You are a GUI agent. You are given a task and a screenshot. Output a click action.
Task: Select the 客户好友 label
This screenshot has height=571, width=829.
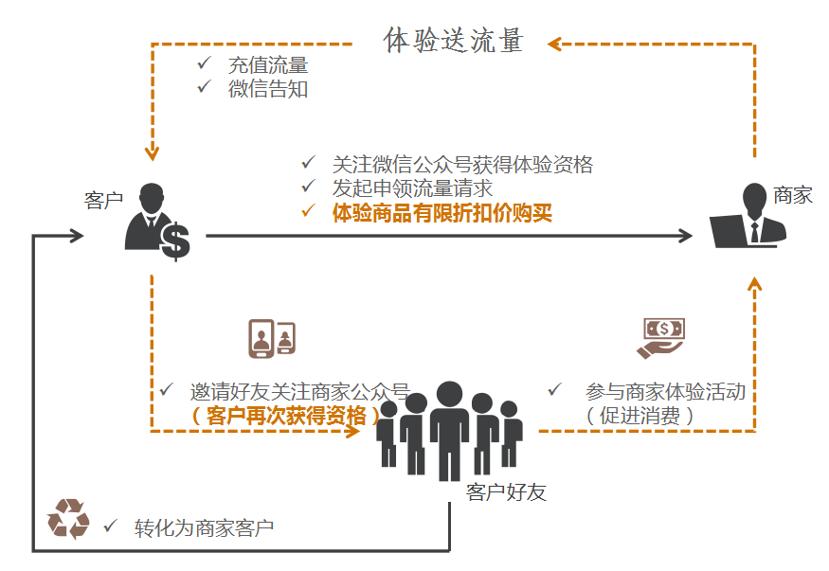point(506,492)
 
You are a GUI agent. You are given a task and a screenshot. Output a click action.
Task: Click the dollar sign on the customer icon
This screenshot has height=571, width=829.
point(174,241)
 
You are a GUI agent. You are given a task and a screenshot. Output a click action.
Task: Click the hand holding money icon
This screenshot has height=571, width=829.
point(660,337)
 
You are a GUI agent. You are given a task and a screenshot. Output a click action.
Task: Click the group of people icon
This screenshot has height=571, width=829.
point(449,431)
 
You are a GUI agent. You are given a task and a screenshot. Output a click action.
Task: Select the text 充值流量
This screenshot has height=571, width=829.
point(268,65)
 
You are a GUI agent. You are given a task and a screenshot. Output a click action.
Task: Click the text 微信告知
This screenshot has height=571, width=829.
point(268,90)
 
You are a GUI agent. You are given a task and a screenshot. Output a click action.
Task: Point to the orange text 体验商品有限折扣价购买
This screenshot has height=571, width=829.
point(442,213)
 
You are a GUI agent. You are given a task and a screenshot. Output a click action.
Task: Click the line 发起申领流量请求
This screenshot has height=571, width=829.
point(412,188)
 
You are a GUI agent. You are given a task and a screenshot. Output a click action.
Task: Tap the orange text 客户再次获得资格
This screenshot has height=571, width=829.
point(285,415)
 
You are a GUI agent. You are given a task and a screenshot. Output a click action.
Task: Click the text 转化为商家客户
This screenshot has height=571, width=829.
point(205,527)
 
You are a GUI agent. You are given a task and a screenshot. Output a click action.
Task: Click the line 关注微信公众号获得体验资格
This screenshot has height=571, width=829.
point(462,164)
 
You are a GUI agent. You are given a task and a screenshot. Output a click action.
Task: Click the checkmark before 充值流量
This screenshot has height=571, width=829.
point(203,63)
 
